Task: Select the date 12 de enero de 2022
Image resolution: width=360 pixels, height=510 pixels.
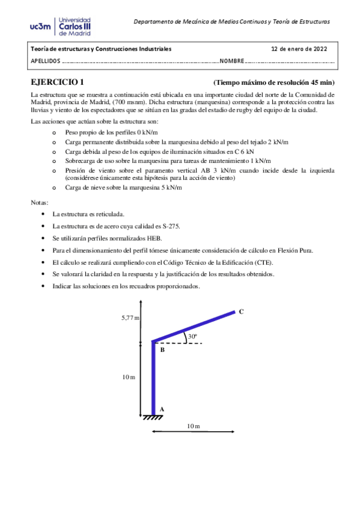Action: click(299, 49)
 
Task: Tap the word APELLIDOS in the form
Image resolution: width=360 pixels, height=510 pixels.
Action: click(45, 61)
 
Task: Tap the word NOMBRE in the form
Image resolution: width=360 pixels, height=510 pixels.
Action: click(232, 61)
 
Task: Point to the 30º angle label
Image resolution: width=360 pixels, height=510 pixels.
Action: click(192, 337)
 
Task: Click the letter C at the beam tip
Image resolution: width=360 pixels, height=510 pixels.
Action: click(241, 312)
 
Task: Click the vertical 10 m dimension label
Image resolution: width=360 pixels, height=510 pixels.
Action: click(128, 376)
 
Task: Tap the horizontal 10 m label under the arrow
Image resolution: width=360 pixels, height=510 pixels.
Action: click(192, 426)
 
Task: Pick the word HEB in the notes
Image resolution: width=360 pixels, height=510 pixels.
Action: click(153, 238)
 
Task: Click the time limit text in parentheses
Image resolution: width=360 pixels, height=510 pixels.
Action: click(273, 83)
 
